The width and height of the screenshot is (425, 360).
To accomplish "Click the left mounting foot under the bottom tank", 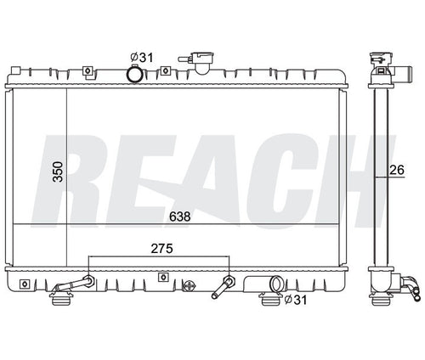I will [60, 297].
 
